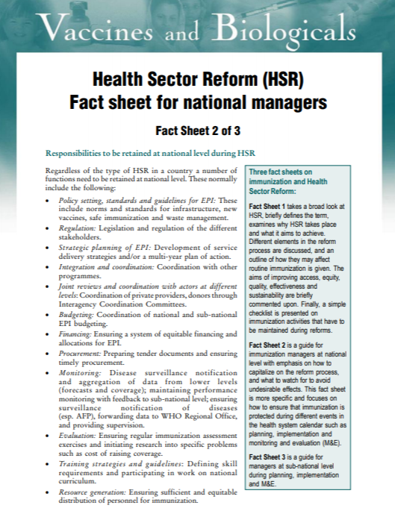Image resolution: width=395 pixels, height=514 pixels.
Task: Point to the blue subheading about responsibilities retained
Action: tap(140, 154)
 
